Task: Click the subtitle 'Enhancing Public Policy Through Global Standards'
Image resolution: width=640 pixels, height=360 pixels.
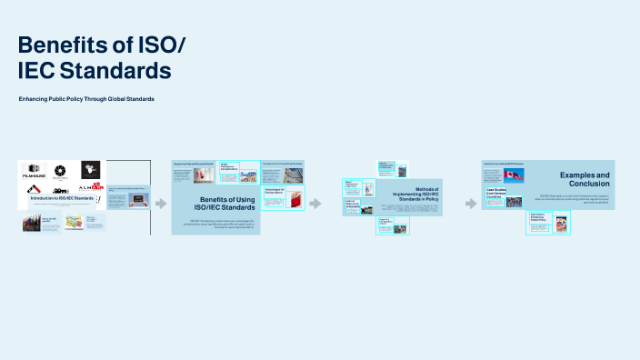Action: tap(87, 98)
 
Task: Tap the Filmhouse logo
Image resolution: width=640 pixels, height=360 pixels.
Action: tap(35, 170)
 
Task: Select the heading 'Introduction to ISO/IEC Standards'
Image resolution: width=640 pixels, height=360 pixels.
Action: tap(62, 197)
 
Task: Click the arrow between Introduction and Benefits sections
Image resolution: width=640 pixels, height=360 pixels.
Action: tap(161, 204)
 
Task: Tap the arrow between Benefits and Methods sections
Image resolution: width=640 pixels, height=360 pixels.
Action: tap(315, 203)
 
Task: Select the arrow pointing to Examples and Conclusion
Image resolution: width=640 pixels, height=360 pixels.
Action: tap(471, 203)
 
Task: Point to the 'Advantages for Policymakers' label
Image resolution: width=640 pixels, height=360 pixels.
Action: tap(274, 192)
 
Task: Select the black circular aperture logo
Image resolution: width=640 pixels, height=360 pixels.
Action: tap(61, 170)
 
